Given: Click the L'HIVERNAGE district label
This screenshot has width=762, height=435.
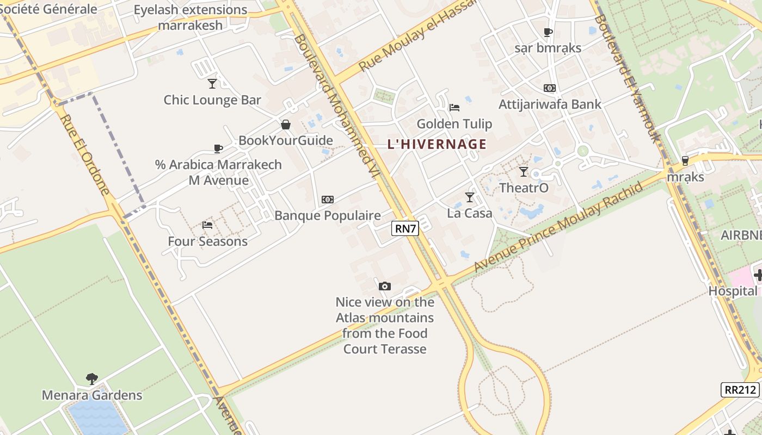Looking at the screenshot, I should (437, 144).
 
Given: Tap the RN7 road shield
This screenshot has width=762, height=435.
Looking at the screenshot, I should (405, 228).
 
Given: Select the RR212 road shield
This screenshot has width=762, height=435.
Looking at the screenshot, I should (740, 389).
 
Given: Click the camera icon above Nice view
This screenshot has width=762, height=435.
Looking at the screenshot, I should (385, 286).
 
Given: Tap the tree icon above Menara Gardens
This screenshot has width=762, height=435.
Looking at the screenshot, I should (92, 378).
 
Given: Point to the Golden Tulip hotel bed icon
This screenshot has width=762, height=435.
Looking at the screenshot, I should (454, 107).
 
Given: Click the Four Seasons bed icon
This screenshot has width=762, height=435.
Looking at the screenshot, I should (207, 225).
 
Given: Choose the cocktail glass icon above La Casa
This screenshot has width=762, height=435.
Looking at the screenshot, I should (469, 197).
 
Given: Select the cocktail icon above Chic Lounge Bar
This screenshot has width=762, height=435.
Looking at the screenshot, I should (212, 83).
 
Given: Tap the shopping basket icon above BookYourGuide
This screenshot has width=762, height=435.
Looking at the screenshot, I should (286, 125).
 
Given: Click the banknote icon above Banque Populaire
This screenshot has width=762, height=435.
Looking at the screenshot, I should (328, 200).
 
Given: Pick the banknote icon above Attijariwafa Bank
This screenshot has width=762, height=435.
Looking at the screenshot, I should (550, 88).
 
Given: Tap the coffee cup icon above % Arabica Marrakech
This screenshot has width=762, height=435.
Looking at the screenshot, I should (218, 148).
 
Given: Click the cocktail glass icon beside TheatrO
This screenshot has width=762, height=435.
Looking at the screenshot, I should (523, 172).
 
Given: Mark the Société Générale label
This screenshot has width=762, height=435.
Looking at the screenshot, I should (48, 9).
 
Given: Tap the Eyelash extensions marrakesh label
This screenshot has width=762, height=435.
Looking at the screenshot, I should (190, 17).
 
